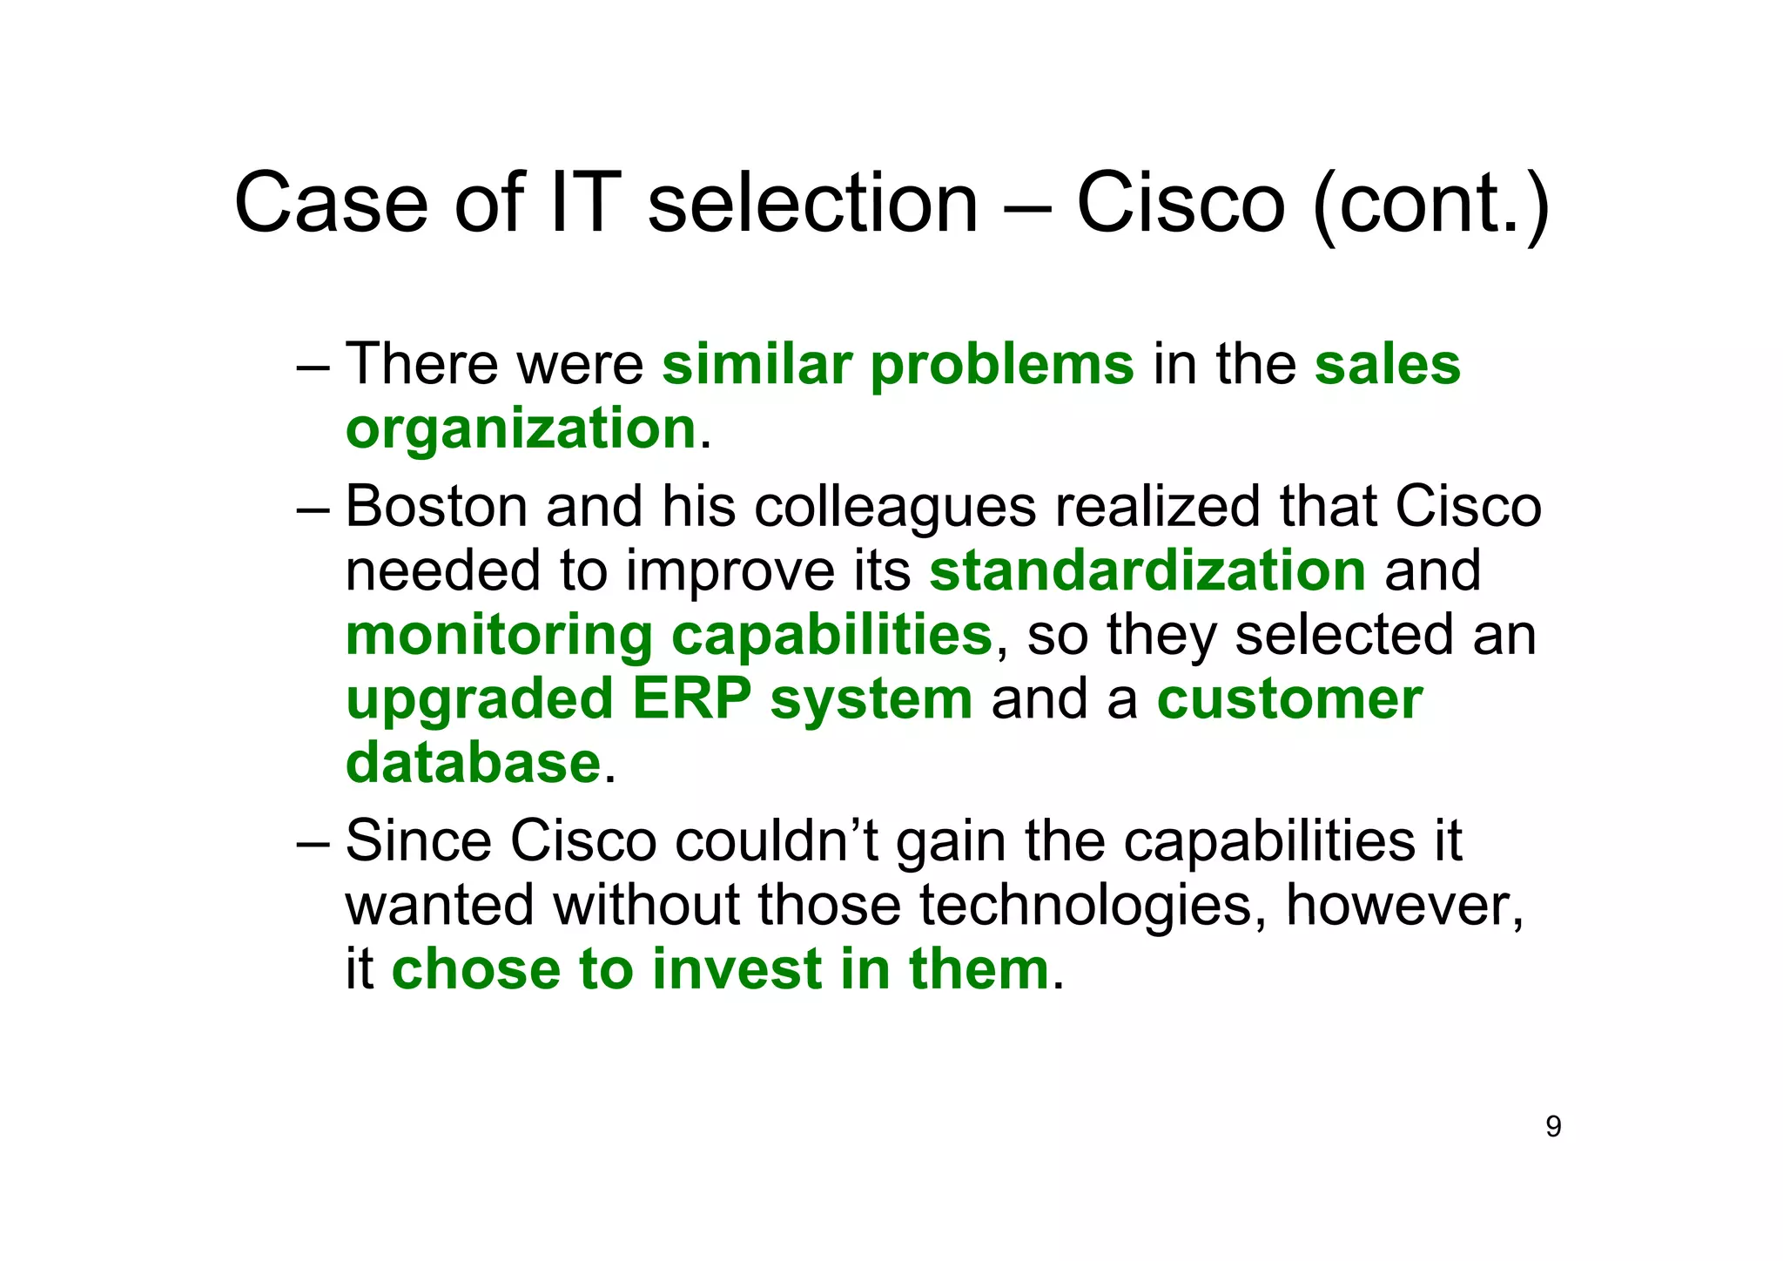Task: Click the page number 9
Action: [x=1553, y=1127]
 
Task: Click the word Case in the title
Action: [x=331, y=204]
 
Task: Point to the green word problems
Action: [x=1002, y=366]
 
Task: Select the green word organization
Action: [x=521, y=429]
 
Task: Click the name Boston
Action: [x=436, y=507]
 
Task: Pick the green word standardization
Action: [x=1147, y=571]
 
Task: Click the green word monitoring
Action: [x=499, y=637]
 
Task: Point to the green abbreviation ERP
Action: [x=691, y=699]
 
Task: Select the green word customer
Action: [x=1289, y=699]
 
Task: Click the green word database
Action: [x=473, y=763]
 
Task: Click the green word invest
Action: [x=737, y=969]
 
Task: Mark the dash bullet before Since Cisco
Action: [x=313, y=843]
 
